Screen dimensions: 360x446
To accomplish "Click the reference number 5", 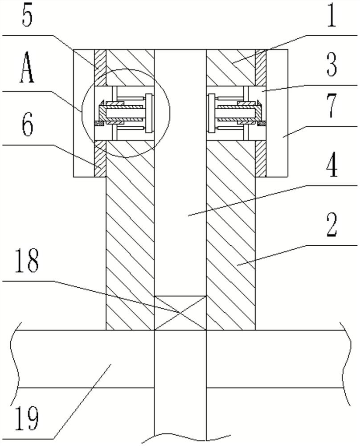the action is (x=27, y=17).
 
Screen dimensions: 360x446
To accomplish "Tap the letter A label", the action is (x=27, y=68).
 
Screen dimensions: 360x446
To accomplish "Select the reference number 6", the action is (x=28, y=125).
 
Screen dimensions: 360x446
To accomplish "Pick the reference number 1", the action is (x=331, y=17).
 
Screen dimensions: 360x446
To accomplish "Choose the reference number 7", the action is (x=331, y=107).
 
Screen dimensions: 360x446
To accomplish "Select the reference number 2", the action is (x=331, y=225).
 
